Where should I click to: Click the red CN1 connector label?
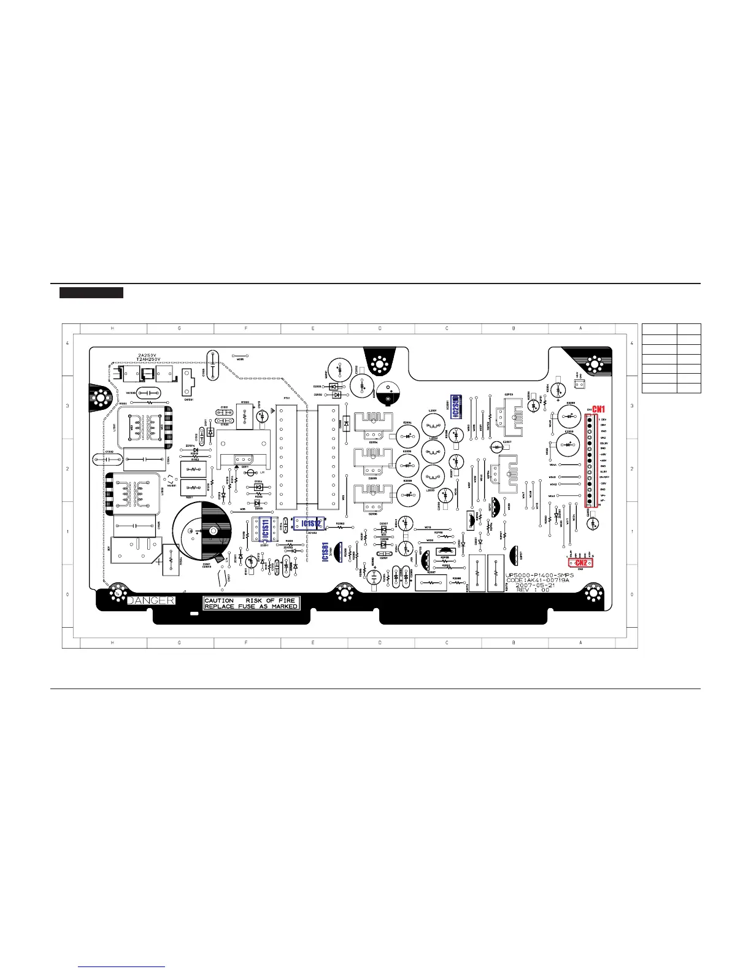(x=598, y=409)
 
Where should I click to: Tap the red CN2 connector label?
(x=581, y=562)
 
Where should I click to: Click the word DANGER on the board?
(x=150, y=600)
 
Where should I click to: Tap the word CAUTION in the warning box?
(x=219, y=600)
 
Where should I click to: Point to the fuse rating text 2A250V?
(x=147, y=355)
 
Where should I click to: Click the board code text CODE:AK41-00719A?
(x=540, y=580)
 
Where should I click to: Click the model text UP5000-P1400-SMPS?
(x=539, y=575)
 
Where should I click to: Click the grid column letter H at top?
(x=112, y=328)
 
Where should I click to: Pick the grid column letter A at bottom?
(x=580, y=642)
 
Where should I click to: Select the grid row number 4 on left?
(x=67, y=342)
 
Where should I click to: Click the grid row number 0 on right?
(x=632, y=595)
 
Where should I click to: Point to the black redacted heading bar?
(x=91, y=293)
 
